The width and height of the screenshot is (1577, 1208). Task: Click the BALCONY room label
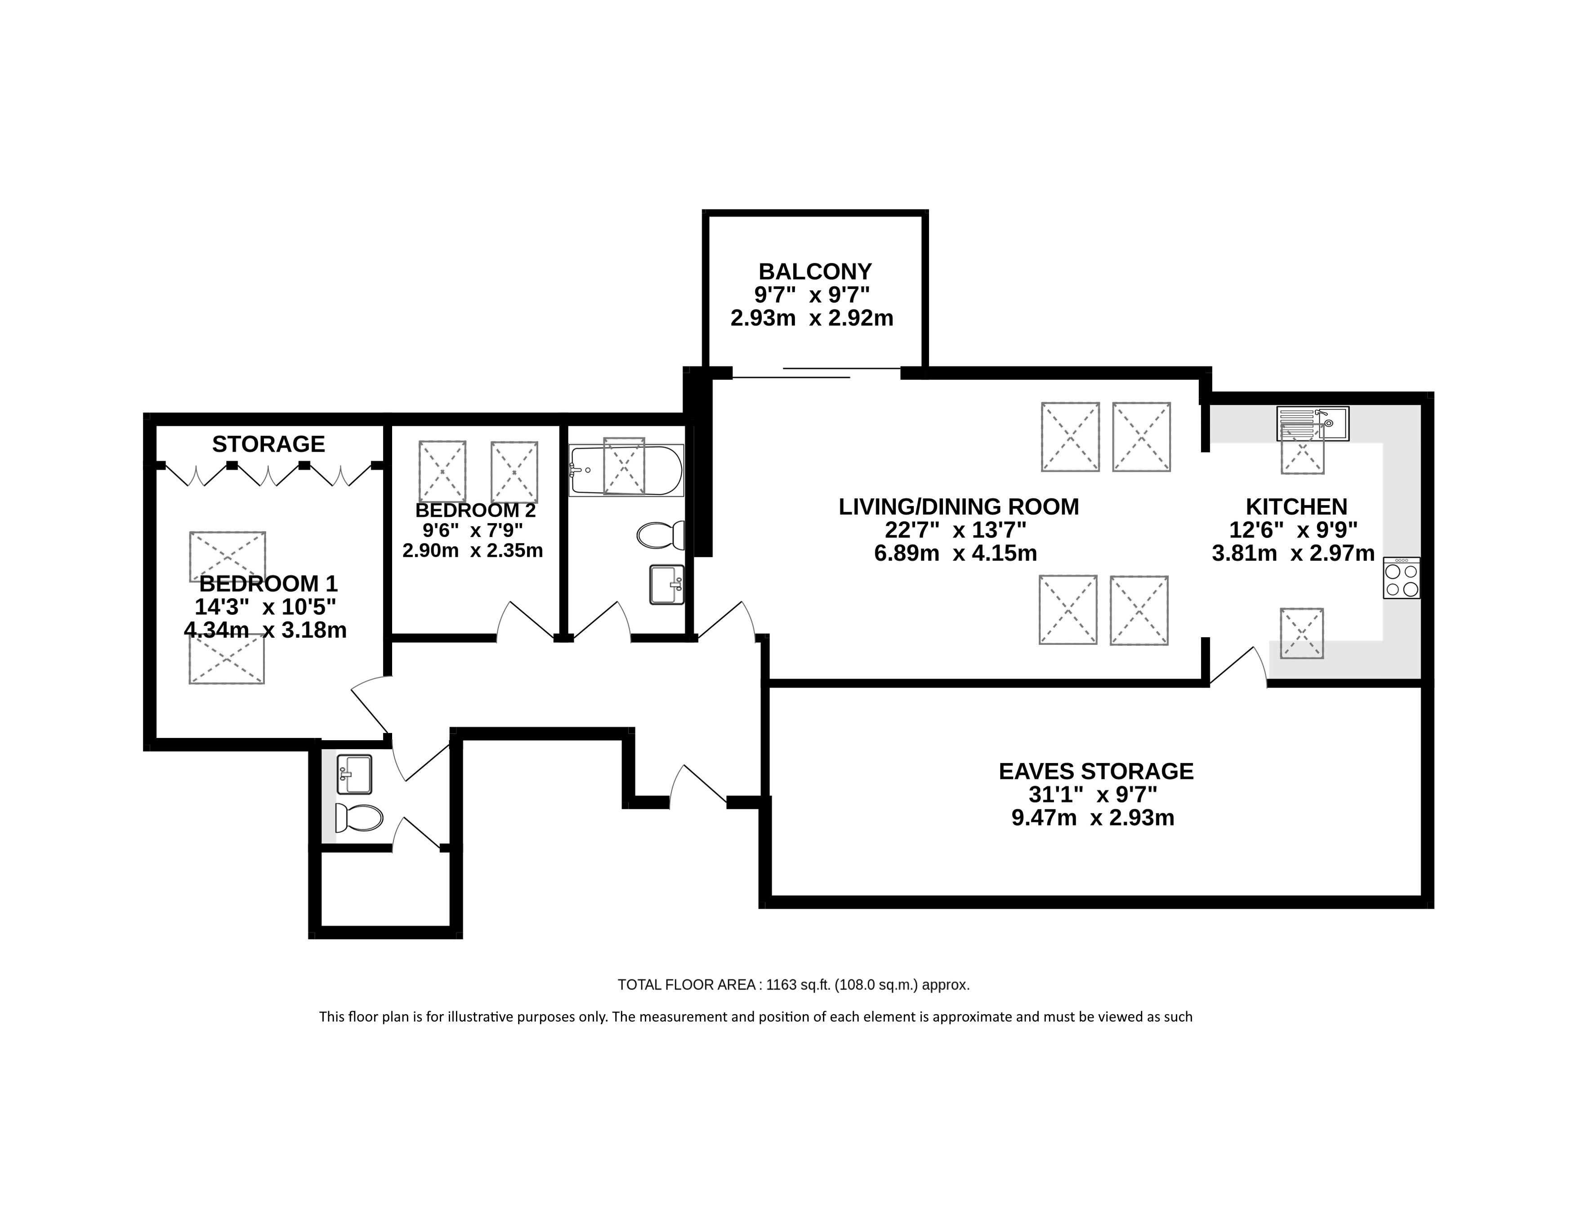(815, 272)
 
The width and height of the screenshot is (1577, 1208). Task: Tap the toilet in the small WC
(359, 817)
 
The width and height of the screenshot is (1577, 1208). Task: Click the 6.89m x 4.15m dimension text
(956, 553)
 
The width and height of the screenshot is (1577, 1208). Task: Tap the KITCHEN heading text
(1296, 507)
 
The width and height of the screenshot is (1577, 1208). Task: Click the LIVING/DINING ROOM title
(959, 507)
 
